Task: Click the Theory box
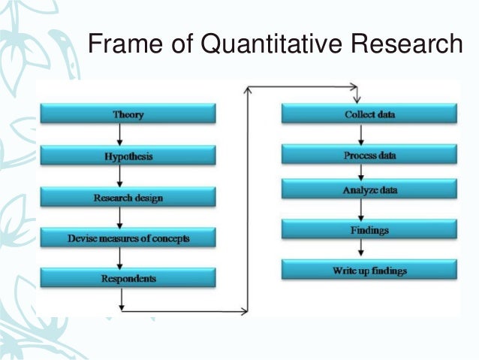coord(128,114)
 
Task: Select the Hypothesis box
coord(128,156)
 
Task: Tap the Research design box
coord(128,197)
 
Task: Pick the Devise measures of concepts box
coord(128,237)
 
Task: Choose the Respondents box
coord(128,277)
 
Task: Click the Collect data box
coord(369,114)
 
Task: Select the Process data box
coord(369,155)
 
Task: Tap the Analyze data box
coord(369,190)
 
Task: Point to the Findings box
coord(369,228)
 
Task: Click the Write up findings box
coord(369,268)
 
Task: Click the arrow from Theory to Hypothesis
coord(119,135)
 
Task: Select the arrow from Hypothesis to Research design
coord(119,176)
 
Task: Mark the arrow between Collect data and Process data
coord(362,135)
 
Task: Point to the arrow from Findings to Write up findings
coord(362,249)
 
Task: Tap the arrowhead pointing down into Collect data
coord(359,99)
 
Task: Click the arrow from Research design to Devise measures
coord(119,217)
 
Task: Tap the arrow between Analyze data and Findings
coord(362,210)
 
